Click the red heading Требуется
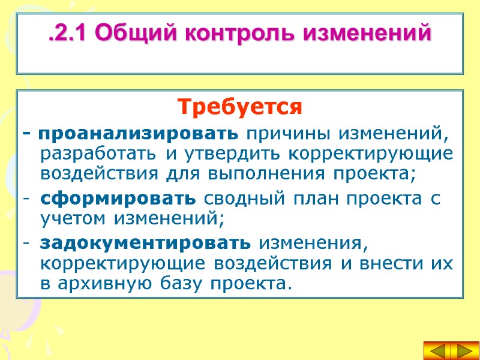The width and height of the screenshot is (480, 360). pyautogui.click(x=239, y=108)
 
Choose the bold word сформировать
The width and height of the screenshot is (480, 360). pyautogui.click(x=118, y=198)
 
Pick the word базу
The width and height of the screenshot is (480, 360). pyautogui.click(x=181, y=283)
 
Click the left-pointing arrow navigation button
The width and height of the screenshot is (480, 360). pyautogui.click(x=437, y=351)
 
